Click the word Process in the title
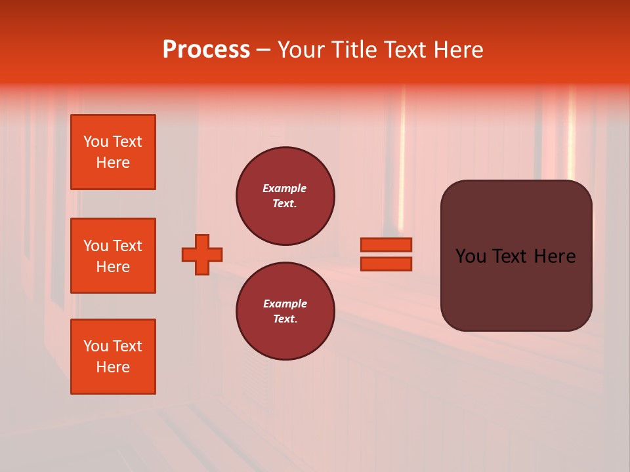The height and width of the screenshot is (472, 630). (206, 50)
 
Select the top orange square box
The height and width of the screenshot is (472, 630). (113, 152)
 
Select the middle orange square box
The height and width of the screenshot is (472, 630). (113, 256)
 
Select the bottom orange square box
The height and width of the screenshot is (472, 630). (113, 357)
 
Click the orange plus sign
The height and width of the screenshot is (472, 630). (202, 254)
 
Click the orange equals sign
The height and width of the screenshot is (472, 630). (386, 254)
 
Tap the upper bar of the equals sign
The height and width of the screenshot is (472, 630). (386, 245)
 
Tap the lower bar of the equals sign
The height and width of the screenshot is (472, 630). (386, 264)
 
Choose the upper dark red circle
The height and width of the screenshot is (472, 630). (285, 196)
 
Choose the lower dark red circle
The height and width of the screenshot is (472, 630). (285, 311)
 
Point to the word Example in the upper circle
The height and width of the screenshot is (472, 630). (285, 188)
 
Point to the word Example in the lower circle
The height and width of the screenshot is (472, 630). (285, 304)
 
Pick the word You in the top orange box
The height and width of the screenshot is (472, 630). (96, 142)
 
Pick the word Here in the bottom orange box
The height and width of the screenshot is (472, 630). (113, 367)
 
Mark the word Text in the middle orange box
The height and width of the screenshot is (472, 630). (127, 246)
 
